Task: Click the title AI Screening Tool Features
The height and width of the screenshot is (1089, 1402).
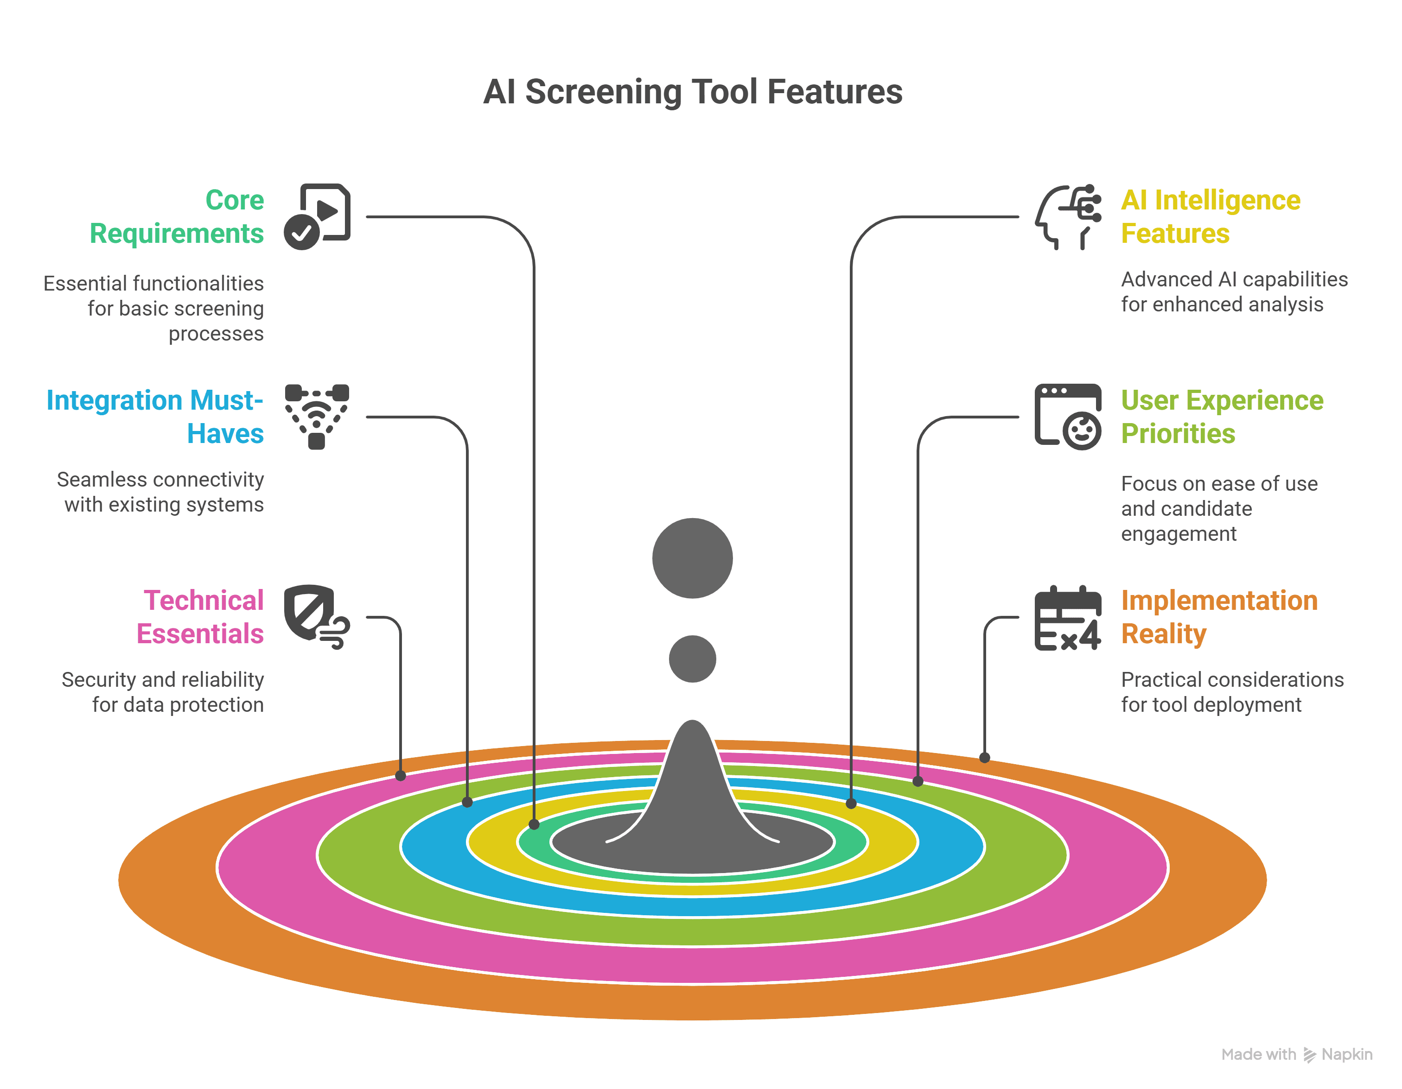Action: pos(692,91)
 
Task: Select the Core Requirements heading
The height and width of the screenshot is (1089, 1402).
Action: pos(177,217)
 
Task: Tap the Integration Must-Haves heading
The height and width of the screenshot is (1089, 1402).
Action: pos(155,417)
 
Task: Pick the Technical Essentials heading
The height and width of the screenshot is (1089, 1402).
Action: pos(200,617)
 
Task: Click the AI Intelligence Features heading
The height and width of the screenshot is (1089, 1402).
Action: pos(1210,217)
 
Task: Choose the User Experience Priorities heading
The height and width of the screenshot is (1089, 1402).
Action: pos(1222,417)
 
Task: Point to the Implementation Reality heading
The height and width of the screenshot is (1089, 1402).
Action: pos(1218,617)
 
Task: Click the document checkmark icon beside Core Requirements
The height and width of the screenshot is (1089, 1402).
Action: pos(317,217)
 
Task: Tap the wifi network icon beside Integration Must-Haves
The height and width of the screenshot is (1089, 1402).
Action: pos(317,417)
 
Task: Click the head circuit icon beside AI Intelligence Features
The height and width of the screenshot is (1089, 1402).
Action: pos(1068,217)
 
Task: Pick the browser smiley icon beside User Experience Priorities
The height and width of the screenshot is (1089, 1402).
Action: pos(1068,417)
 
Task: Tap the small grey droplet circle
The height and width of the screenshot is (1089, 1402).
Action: pos(692,659)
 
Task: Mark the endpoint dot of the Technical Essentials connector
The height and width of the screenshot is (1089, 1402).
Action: pos(401,776)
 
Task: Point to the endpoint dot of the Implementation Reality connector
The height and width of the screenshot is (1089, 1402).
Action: pos(985,758)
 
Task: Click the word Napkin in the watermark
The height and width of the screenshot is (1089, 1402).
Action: pos(1346,1054)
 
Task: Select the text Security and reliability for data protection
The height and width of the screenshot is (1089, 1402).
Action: pos(163,692)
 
